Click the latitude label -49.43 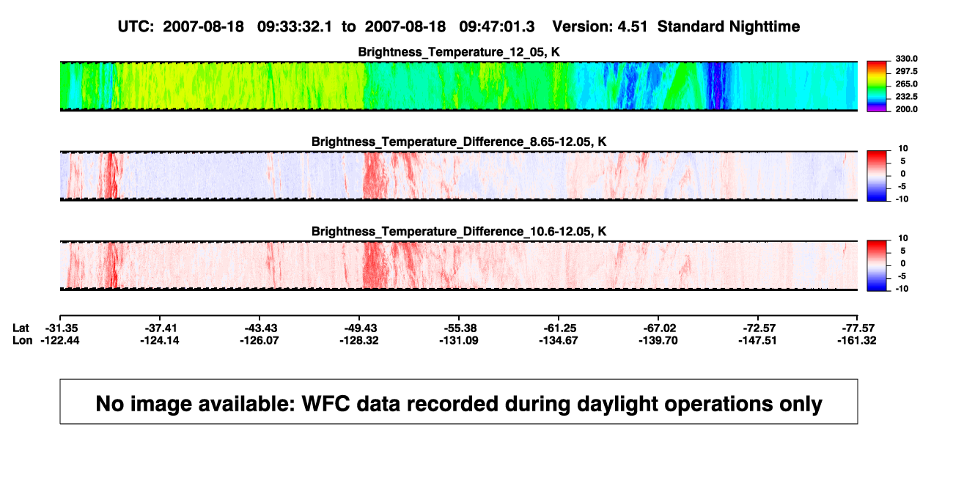pos(359,328)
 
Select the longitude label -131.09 pos(459,340)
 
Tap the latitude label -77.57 pos(858,328)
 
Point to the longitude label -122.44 pos(59,340)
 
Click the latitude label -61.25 pos(559,328)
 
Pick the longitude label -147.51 pos(757,340)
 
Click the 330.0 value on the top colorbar pos(906,59)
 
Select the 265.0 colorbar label pos(906,84)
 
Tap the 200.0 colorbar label pos(906,109)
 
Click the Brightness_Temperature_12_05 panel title pos(459,52)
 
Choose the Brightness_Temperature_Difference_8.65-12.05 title pos(459,141)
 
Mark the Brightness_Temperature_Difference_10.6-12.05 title pos(459,232)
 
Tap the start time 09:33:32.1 pos(295,26)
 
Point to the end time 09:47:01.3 pos(496,26)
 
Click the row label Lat pos(21,328)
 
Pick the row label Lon pos(22,340)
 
